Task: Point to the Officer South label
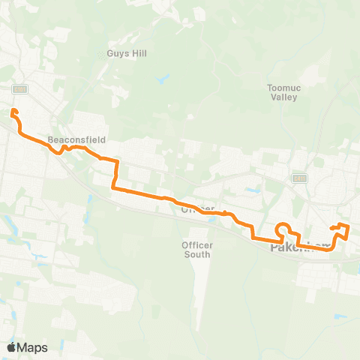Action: (197, 250)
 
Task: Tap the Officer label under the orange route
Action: (198, 208)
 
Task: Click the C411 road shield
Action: (300, 178)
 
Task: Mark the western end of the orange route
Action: (13, 112)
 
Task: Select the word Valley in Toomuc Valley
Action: (283, 97)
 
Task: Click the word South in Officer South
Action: (197, 254)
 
